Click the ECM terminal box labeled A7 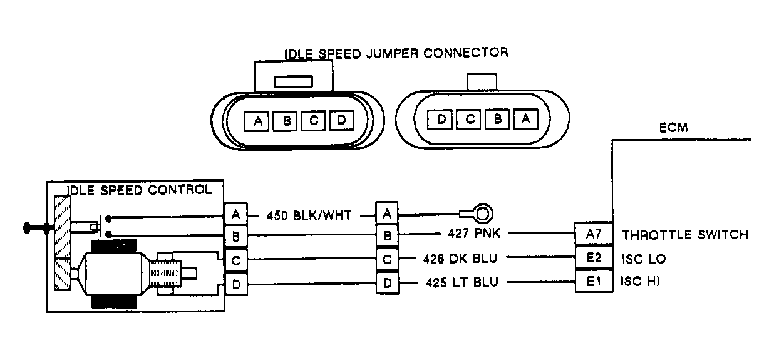coord(592,235)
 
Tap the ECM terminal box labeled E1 coord(592,282)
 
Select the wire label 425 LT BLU coord(462,282)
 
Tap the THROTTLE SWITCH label coord(684,235)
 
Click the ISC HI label coord(640,282)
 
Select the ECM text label coord(673,128)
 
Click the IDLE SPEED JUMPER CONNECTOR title coord(396,53)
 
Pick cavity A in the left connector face coord(256,121)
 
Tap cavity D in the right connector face coord(441,118)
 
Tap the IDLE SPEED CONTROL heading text coord(138,189)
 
